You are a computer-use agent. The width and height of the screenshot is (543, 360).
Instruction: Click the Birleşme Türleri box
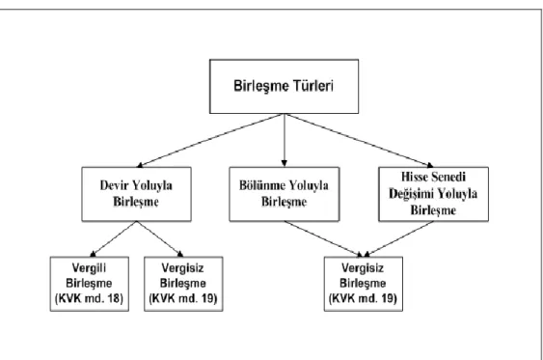(284, 86)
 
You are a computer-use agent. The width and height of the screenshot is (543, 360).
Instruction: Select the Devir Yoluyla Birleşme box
(136, 194)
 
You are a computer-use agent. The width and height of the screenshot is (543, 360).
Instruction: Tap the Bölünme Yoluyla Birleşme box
(285, 194)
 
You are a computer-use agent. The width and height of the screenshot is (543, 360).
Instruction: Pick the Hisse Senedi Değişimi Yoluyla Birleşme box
(434, 194)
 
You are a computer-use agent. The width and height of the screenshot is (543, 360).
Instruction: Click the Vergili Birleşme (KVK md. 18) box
(90, 284)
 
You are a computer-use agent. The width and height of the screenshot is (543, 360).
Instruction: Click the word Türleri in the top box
(313, 86)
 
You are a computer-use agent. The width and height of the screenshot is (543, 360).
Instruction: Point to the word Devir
(112, 185)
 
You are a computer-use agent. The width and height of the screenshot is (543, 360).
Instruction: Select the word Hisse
(414, 177)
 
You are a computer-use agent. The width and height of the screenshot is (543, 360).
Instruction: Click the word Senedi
(448, 177)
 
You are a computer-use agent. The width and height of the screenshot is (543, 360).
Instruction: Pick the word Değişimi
(410, 194)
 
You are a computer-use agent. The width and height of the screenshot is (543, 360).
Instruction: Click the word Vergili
(89, 268)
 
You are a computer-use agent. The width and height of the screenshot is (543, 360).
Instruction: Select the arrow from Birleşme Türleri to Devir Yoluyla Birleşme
(210, 141)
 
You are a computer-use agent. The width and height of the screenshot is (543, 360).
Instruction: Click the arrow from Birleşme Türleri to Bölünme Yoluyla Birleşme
(285, 140)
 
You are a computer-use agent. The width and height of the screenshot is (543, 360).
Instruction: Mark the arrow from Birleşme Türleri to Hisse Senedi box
(359, 141)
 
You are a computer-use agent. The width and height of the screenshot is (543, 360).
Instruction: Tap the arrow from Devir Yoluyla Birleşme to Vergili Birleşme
(113, 239)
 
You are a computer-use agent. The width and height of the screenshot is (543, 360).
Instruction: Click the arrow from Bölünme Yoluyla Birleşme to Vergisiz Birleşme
(323, 239)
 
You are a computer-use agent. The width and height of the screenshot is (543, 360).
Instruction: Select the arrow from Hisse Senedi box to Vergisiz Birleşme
(398, 239)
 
